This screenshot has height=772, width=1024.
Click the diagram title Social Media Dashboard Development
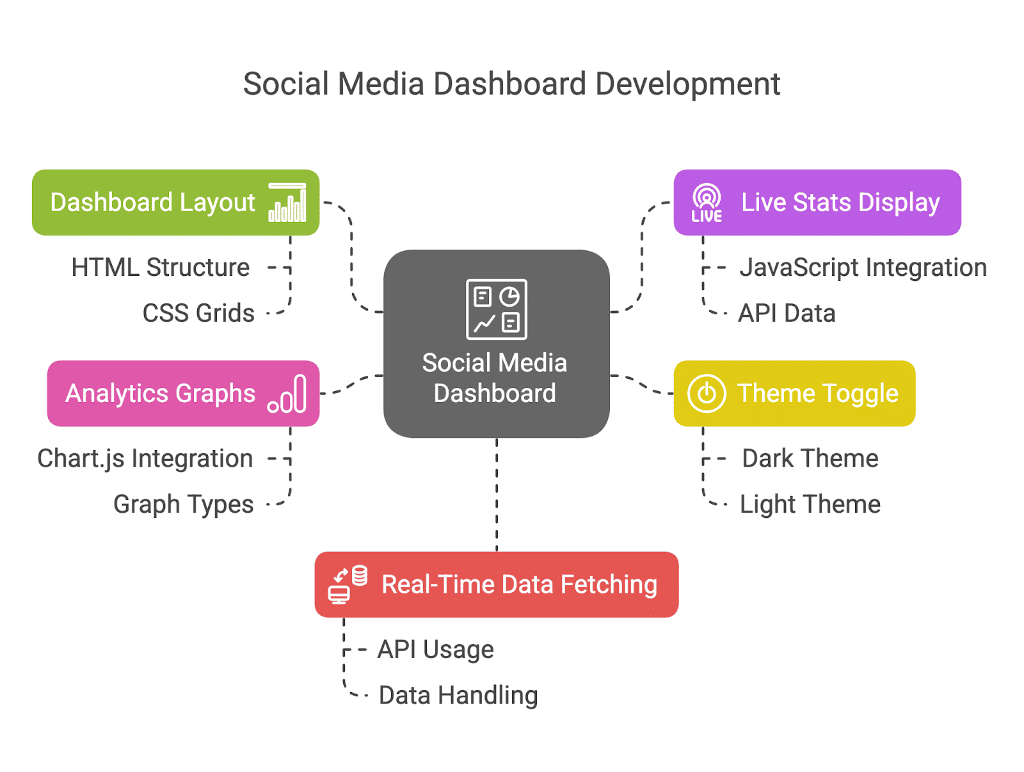pyautogui.click(x=511, y=84)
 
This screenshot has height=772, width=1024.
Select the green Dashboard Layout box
pyautogui.click(x=175, y=202)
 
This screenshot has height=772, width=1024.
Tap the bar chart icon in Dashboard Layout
pyautogui.click(x=287, y=202)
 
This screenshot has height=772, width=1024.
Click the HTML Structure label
pyautogui.click(x=160, y=268)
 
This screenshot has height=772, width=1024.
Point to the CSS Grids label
pyautogui.click(x=198, y=312)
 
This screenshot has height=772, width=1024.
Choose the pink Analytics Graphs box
pyautogui.click(x=183, y=393)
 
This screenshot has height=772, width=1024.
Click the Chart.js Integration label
pyautogui.click(x=145, y=458)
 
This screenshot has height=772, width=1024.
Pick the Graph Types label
pyautogui.click(x=183, y=504)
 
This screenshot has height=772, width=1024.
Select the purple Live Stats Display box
pyautogui.click(x=817, y=202)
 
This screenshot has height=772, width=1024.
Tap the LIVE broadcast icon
pyautogui.click(x=707, y=202)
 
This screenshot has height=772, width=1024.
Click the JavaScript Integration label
pyautogui.click(x=863, y=268)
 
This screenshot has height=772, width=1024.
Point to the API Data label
pyautogui.click(x=787, y=312)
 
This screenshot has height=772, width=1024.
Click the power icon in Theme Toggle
pyautogui.click(x=707, y=393)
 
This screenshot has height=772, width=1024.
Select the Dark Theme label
pyautogui.click(x=810, y=458)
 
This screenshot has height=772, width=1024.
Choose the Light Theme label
pyautogui.click(x=810, y=504)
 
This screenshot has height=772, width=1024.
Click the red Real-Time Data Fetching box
pyautogui.click(x=497, y=584)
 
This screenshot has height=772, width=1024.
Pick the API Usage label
pyautogui.click(x=435, y=649)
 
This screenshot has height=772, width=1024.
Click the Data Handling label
pyautogui.click(x=458, y=695)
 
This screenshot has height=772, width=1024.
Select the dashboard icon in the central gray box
pyautogui.click(x=497, y=309)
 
